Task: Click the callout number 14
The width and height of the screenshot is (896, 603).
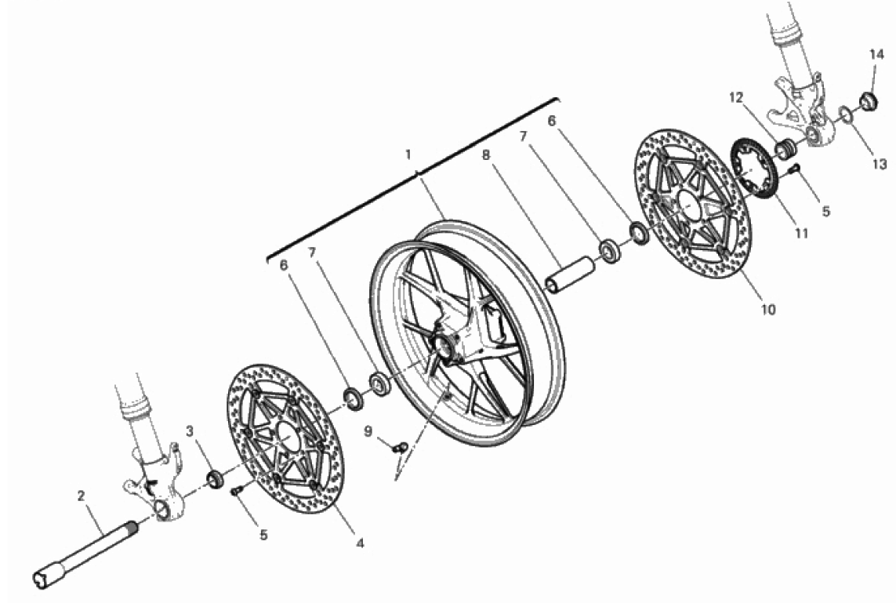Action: point(876,54)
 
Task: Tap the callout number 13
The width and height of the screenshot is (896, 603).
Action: point(880,165)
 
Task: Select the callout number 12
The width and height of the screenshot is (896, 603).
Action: point(736,98)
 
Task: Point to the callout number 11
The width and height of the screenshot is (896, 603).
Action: point(802,233)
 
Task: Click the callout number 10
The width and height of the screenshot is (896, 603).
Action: point(768,310)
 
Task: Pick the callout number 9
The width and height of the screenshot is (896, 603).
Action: point(368,430)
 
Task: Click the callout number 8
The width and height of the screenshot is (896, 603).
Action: point(486,155)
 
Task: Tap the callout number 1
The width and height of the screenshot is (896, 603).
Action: point(408,154)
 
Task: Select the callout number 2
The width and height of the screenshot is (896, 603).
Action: point(82,496)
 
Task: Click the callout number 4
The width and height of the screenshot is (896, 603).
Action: point(360,543)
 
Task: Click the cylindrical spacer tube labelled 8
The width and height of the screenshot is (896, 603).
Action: point(569,275)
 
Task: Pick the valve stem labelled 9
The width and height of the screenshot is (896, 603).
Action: point(400,447)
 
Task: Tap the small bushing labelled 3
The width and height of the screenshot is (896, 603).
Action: point(215,478)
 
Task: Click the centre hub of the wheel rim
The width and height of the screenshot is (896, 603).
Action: point(445,347)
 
